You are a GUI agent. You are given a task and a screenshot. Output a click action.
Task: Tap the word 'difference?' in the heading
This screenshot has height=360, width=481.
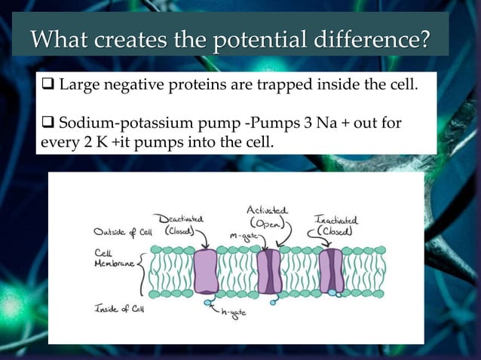[x=378, y=38]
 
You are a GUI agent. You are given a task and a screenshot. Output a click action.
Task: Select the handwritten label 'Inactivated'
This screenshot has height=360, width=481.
[x=335, y=220]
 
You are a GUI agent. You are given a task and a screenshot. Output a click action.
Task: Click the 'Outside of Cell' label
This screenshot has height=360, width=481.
[x=123, y=231]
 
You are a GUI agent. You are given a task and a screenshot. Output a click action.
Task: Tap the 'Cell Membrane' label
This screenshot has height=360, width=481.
[x=113, y=259]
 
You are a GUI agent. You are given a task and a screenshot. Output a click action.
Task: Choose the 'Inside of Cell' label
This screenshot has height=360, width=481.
[x=120, y=308]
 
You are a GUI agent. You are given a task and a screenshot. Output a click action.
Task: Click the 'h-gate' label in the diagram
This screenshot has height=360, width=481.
[x=231, y=313]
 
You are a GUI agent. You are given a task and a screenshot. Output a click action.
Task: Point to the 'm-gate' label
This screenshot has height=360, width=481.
[x=243, y=236]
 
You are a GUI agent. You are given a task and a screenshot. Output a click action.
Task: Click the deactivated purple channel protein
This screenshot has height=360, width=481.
[x=205, y=271]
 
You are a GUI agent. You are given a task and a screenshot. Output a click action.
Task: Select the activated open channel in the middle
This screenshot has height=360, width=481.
[x=269, y=271]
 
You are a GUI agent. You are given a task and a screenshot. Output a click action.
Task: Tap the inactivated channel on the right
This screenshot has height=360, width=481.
[x=331, y=271]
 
